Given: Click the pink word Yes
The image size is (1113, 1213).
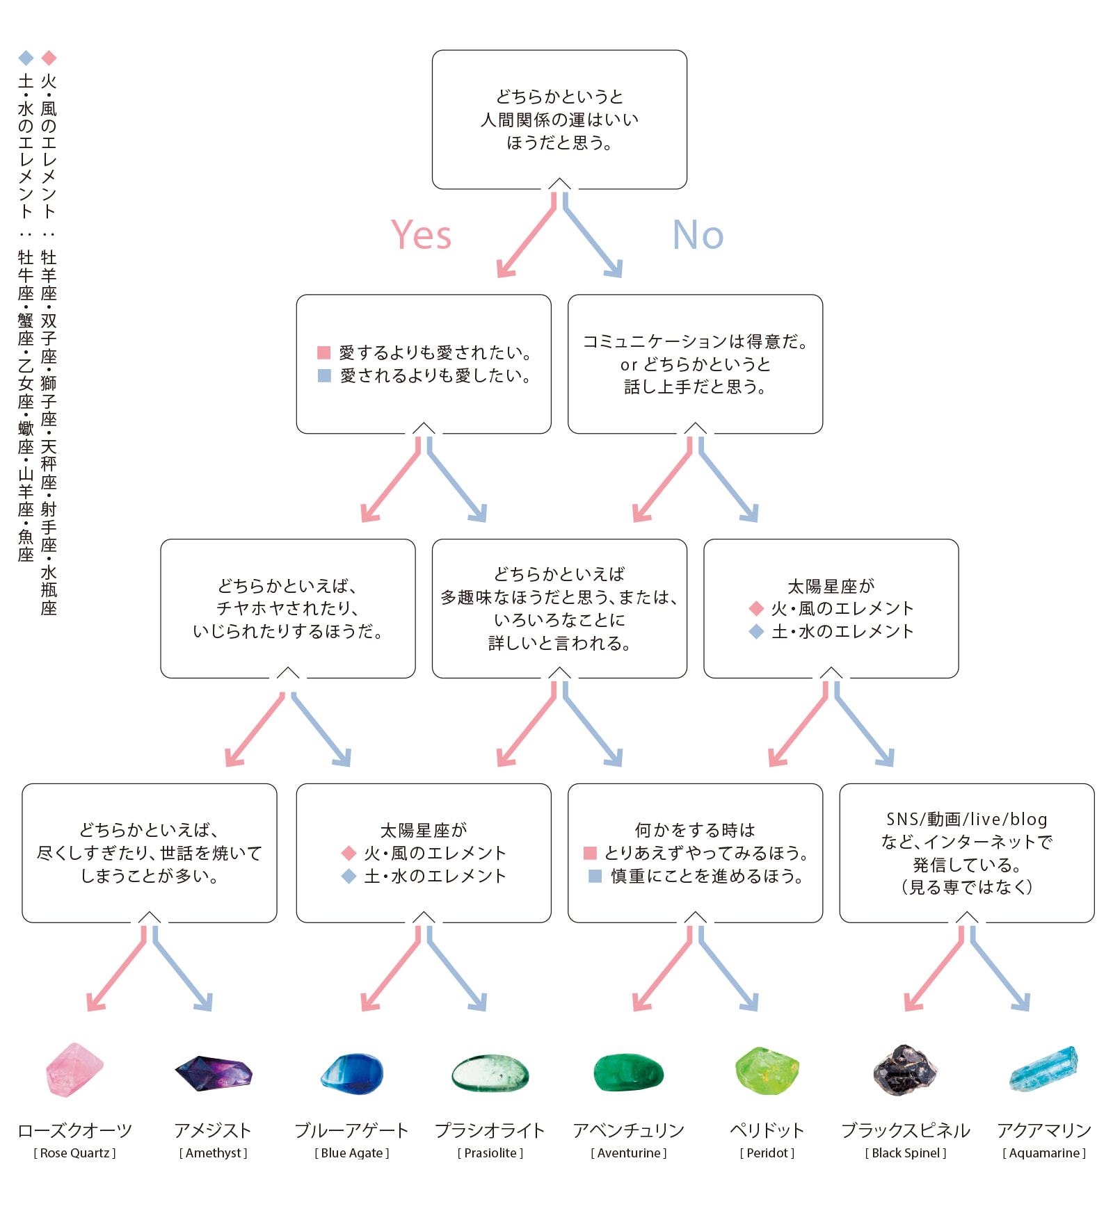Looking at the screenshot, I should (421, 234).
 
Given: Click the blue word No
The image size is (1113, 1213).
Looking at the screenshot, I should (698, 234).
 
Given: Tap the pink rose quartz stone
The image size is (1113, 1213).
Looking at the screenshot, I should (74, 1070).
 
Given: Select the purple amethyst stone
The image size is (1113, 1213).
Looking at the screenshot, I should (214, 1073).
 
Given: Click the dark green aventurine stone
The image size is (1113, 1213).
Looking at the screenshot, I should (628, 1073).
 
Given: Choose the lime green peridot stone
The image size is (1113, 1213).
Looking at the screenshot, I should (767, 1071).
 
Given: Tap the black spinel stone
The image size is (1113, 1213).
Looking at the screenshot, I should (904, 1070).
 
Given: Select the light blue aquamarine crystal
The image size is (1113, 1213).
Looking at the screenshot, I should (1043, 1069).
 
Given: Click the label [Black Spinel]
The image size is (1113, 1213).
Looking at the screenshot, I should (906, 1153).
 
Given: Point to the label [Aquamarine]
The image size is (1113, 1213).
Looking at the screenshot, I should (1043, 1153).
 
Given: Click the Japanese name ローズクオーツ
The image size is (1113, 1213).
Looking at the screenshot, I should (75, 1130).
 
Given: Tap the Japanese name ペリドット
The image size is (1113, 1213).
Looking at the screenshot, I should (767, 1130).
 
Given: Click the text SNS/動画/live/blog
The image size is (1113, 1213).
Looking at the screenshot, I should (966, 820).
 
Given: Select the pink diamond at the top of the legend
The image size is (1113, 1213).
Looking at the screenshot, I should (49, 58).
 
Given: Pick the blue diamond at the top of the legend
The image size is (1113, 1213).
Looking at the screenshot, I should (26, 58).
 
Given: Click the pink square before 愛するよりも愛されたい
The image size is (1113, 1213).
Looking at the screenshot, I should (323, 352).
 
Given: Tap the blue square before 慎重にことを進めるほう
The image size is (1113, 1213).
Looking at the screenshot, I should (595, 876).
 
